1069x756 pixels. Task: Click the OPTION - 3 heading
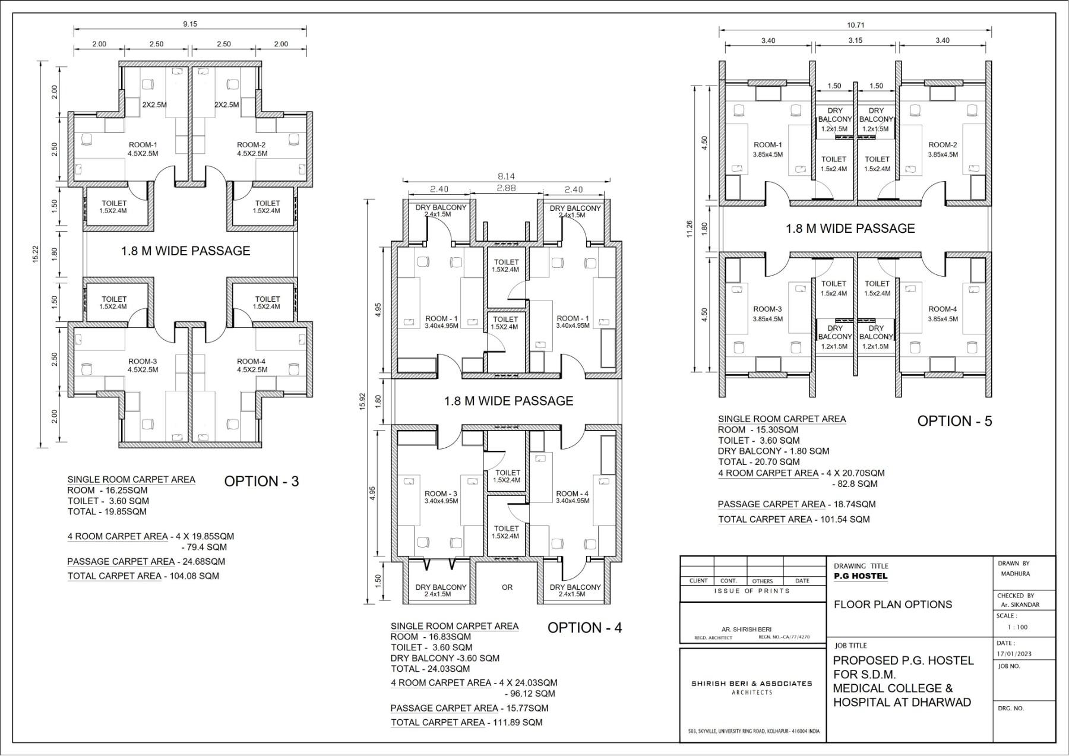pyautogui.click(x=261, y=481)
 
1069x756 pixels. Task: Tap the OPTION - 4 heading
pyautogui.click(x=585, y=628)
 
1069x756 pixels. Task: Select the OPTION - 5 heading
pyautogui.click(x=955, y=421)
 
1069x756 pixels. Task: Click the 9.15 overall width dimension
pyautogui.click(x=190, y=24)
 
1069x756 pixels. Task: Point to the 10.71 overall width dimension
pyautogui.click(x=855, y=25)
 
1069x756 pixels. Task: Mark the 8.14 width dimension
pyautogui.click(x=507, y=176)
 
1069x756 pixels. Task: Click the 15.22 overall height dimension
pyautogui.click(x=36, y=254)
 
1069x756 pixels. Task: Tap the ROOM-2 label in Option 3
pyautogui.click(x=251, y=145)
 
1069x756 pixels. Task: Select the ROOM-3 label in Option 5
pyautogui.click(x=767, y=309)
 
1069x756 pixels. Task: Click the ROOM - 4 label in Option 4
pyautogui.click(x=573, y=494)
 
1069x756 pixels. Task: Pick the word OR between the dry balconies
pyautogui.click(x=507, y=587)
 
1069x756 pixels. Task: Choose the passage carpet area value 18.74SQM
pyautogui.click(x=852, y=504)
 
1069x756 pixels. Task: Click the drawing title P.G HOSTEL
pyautogui.click(x=861, y=576)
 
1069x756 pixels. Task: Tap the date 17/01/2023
pyautogui.click(x=1014, y=654)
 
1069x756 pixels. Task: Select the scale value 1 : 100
pyautogui.click(x=1017, y=627)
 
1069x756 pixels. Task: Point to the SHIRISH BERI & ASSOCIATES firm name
pyautogui.click(x=752, y=684)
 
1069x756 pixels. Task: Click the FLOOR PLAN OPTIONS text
pyautogui.click(x=893, y=605)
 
